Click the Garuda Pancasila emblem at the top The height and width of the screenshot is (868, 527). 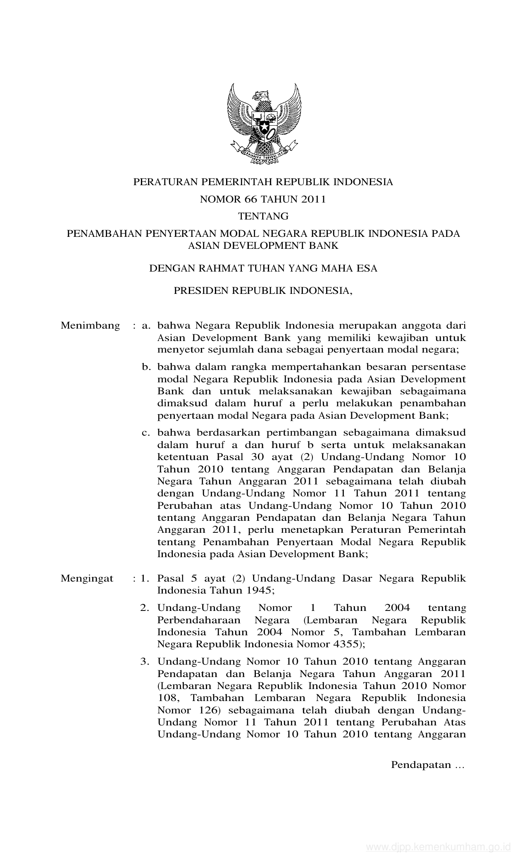(x=264, y=124)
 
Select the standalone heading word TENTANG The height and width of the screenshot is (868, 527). (x=263, y=216)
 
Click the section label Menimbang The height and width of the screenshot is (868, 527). (x=90, y=325)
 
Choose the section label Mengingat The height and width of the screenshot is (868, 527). (x=87, y=578)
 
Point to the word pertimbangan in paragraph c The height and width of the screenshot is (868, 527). (x=294, y=433)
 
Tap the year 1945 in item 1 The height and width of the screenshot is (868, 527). (x=258, y=590)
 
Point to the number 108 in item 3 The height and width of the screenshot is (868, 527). (x=167, y=698)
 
